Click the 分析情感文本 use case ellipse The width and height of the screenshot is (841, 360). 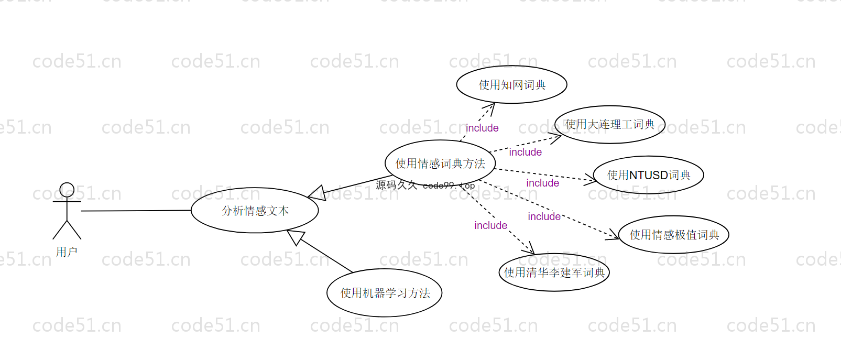point(255,211)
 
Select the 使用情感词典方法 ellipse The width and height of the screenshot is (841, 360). point(440,163)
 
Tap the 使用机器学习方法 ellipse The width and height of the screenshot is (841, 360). point(385,293)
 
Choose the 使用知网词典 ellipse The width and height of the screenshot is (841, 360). point(511,85)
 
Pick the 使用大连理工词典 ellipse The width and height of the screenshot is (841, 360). point(609,125)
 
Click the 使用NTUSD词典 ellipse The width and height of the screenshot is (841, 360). point(648,175)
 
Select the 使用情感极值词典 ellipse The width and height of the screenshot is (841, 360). point(674,235)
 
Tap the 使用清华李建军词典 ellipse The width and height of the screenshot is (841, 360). point(554,272)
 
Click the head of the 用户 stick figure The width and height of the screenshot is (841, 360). point(67,190)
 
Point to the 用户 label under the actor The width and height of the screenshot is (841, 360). point(67,252)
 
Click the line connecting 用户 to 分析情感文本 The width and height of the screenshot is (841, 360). point(136,211)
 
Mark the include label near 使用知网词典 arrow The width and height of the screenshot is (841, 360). point(482,128)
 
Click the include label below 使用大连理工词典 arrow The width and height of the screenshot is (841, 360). point(525,152)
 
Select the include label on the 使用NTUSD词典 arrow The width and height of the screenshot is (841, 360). point(542,183)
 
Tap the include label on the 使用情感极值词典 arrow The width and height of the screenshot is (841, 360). point(544,216)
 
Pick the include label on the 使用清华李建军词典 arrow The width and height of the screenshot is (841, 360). point(490,225)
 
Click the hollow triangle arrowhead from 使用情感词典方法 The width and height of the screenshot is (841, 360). point(317,193)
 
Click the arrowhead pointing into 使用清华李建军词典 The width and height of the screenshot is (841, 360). point(529,248)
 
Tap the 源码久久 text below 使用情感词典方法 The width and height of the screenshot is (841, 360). point(397,185)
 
